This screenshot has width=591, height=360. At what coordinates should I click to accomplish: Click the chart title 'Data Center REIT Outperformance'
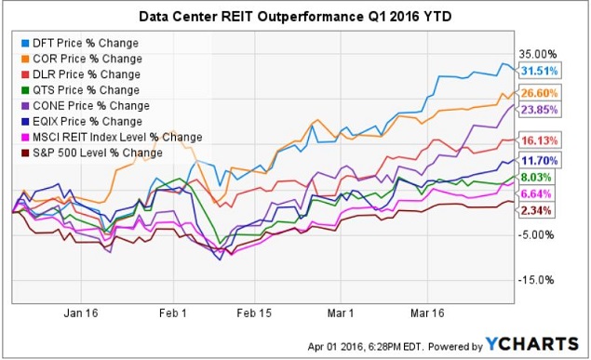[294, 17]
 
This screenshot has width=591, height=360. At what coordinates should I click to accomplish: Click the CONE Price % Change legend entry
[87, 106]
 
